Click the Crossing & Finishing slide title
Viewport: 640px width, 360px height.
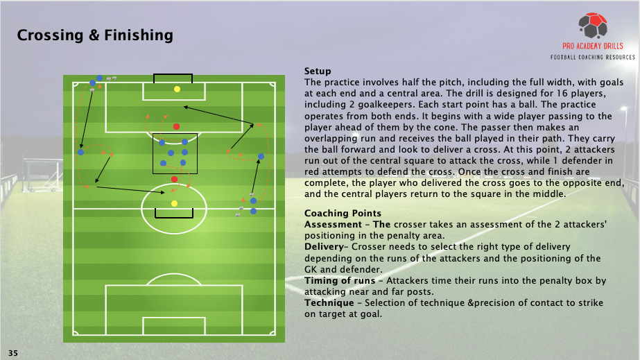(x=95, y=35)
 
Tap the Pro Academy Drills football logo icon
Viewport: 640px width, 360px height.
(x=594, y=26)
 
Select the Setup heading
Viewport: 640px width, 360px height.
(x=318, y=71)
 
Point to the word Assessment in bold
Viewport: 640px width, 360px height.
(x=331, y=225)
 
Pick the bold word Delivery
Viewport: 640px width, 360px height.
(x=322, y=247)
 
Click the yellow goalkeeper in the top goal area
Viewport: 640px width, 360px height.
(x=177, y=89)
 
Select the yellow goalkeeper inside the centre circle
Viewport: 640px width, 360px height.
(x=174, y=203)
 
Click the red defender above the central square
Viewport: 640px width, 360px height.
(x=177, y=126)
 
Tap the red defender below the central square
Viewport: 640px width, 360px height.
(x=174, y=180)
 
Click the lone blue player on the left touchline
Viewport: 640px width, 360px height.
(x=81, y=152)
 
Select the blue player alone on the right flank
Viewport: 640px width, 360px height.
(x=261, y=157)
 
